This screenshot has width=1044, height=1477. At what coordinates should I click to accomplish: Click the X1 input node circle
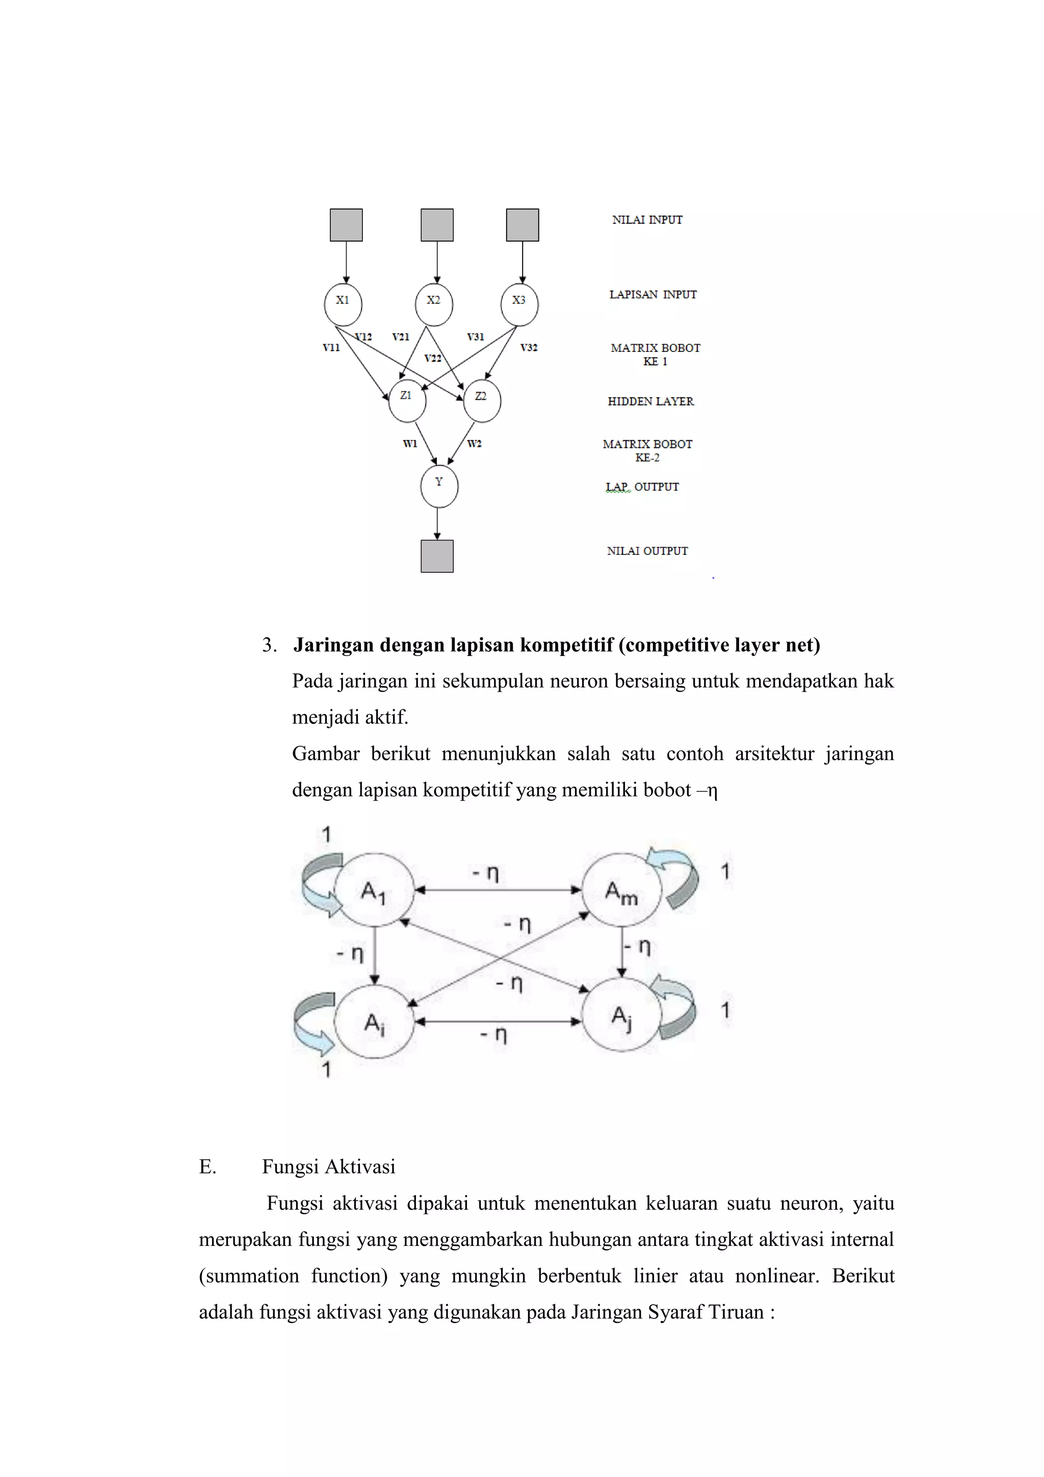[x=343, y=304]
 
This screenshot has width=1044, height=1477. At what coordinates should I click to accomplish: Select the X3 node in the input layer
[x=519, y=304]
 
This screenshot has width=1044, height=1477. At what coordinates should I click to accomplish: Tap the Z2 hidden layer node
[x=482, y=401]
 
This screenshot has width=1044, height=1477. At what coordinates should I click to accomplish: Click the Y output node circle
[x=439, y=487]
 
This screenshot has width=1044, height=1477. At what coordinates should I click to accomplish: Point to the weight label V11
[x=331, y=347]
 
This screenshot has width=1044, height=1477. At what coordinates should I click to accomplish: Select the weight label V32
[x=529, y=347]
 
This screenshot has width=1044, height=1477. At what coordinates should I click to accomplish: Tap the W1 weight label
[x=409, y=444]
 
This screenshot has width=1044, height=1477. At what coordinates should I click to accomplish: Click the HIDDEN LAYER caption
[x=650, y=401]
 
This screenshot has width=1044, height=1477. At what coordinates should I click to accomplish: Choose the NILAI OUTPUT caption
[x=647, y=551]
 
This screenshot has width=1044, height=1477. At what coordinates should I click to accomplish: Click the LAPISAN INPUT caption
[x=652, y=295]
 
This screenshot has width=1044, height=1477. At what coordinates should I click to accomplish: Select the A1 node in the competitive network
[x=374, y=890]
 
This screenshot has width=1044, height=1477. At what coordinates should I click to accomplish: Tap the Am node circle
[x=621, y=892]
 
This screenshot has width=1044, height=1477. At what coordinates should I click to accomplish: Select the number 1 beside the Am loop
[x=725, y=872]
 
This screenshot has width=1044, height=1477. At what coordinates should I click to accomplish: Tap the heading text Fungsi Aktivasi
[x=328, y=1167]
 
